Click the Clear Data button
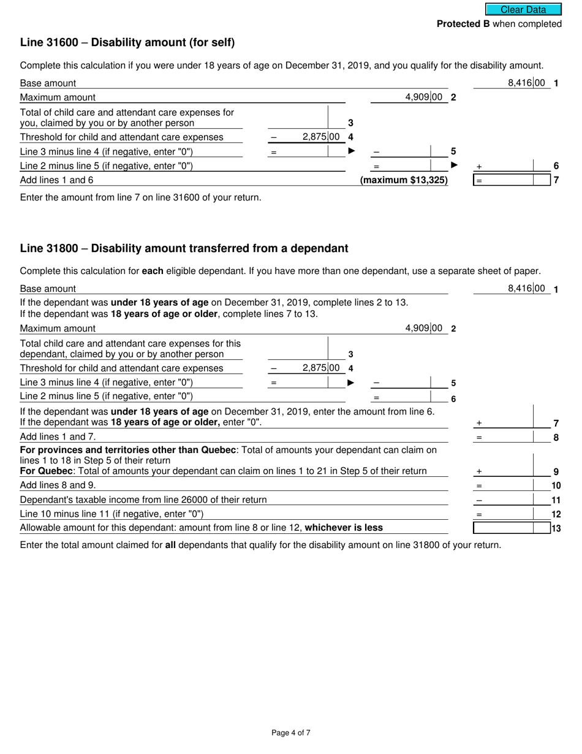tap(523, 9)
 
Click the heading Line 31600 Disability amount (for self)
tap(127, 42)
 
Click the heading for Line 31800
tap(184, 248)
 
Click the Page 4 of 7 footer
tap(291, 733)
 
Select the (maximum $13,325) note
tap(404, 180)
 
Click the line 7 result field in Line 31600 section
tap(515, 180)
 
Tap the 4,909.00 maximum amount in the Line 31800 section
tap(423, 328)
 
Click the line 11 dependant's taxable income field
tap(515, 500)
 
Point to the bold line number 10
tap(556, 486)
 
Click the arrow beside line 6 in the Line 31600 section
tap(455, 165)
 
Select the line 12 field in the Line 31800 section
tap(515, 514)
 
